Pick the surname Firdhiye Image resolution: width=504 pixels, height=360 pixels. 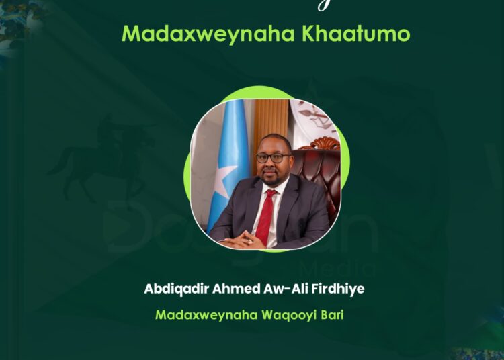pyautogui.click(x=335, y=289)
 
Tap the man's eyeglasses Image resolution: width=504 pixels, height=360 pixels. pyautogui.click(x=274, y=159)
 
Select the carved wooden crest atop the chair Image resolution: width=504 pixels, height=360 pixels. pyautogui.click(x=319, y=142)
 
